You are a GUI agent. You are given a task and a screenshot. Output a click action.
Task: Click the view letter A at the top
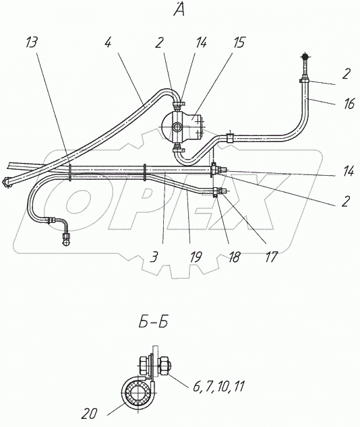click(x=179, y=9)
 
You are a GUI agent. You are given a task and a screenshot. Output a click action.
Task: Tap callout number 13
click(x=32, y=42)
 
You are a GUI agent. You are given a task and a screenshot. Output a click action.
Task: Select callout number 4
click(x=108, y=42)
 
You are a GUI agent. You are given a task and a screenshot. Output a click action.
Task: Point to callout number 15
click(x=239, y=42)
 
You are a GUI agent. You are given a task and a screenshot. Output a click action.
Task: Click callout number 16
click(x=349, y=104)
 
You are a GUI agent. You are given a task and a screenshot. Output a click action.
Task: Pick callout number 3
click(x=154, y=257)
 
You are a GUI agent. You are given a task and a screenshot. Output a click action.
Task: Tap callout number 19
click(x=196, y=257)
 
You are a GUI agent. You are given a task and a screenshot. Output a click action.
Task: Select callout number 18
click(x=234, y=257)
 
